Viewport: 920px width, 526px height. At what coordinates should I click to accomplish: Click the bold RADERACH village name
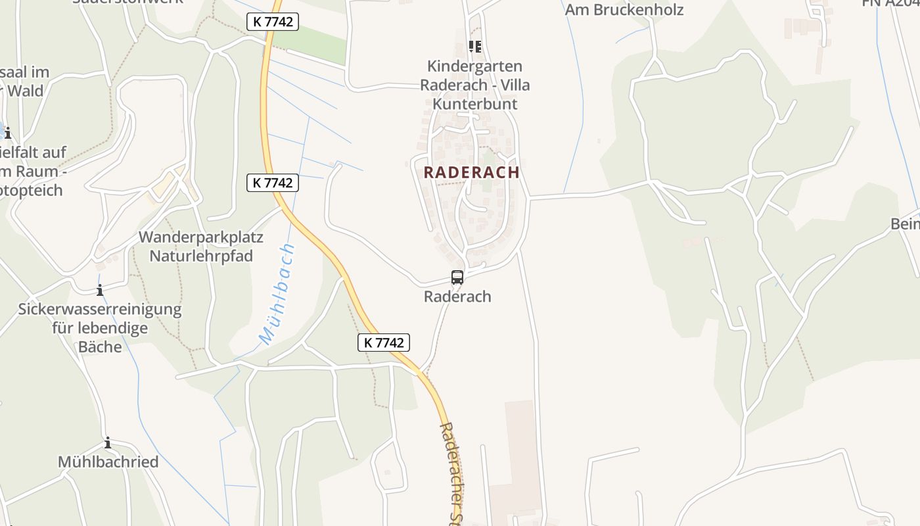[472, 172]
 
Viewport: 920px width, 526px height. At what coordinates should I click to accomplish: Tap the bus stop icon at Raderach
[457, 277]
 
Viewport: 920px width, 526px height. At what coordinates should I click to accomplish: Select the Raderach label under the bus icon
[457, 297]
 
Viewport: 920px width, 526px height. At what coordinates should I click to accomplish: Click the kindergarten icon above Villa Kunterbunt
[474, 47]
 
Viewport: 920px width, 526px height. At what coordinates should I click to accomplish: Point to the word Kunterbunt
[475, 104]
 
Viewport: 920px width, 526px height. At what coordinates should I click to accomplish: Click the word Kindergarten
[475, 66]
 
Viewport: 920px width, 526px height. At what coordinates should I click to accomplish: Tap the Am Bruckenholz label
[624, 10]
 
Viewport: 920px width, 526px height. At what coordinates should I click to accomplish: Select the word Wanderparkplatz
[201, 237]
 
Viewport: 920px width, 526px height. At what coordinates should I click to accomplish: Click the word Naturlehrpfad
[201, 256]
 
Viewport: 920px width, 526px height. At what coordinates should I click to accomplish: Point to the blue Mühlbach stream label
[277, 294]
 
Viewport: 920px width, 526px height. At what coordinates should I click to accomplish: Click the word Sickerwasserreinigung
[100, 309]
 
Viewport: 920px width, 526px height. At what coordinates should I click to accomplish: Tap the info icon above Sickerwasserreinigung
[100, 290]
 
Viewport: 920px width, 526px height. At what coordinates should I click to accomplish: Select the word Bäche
[100, 347]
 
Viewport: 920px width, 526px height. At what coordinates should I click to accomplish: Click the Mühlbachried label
[108, 462]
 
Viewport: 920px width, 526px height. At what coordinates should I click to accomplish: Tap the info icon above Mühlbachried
[108, 443]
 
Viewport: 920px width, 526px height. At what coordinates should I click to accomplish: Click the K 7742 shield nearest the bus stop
[384, 343]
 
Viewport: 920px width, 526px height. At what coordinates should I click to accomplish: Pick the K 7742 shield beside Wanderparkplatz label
[273, 183]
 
